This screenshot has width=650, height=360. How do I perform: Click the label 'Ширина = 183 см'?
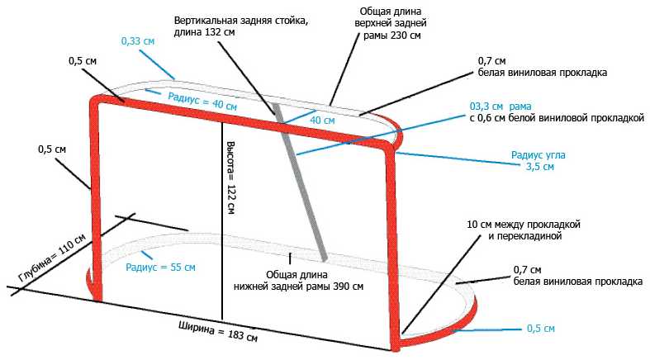pos(218,331)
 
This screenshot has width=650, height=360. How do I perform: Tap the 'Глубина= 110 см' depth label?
pos(52,258)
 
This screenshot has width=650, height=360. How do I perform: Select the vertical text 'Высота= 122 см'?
pos(231,178)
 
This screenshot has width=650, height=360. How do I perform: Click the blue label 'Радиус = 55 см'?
pos(160,268)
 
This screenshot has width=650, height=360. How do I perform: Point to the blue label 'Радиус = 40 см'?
pos(202,102)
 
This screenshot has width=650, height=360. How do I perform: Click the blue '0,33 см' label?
pos(138,41)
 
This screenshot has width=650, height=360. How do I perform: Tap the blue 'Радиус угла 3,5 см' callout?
pos(538,161)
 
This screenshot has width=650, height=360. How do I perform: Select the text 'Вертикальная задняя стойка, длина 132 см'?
pos(241,26)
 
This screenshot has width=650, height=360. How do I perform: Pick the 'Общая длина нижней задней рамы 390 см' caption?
pos(298,281)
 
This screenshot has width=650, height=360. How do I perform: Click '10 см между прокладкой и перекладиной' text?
pos(524,230)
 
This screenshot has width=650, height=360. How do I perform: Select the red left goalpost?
pos(95,199)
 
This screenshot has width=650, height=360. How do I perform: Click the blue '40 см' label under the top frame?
pos(322,121)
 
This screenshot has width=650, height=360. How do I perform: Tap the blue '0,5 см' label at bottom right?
pos(540,329)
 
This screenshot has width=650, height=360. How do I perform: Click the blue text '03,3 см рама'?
pos(501,107)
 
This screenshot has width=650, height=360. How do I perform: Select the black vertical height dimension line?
pos(222,221)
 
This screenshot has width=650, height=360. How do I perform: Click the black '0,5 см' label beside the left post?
pos(52,149)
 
